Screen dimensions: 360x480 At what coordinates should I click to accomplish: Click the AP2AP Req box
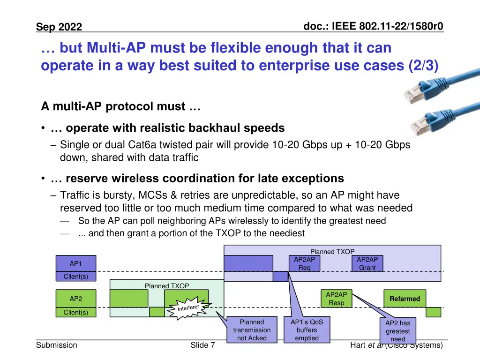(x=304, y=263)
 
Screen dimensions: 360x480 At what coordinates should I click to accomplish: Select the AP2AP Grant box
(x=367, y=263)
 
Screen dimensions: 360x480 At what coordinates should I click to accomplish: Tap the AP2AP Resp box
(x=336, y=299)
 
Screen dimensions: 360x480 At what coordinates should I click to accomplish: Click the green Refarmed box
(x=405, y=299)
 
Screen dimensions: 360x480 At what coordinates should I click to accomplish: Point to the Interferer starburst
(x=190, y=307)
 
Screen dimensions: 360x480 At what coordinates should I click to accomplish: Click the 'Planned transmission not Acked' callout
(x=252, y=330)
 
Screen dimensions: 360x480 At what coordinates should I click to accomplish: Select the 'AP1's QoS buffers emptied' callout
(x=307, y=330)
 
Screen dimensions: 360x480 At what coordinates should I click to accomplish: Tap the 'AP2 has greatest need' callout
(x=397, y=330)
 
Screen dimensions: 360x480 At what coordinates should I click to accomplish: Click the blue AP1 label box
(x=75, y=263)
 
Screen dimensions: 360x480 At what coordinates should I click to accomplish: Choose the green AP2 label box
(x=75, y=299)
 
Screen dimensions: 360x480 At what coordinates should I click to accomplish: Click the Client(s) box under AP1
(x=75, y=277)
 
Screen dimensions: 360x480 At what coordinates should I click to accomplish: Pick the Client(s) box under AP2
(x=75, y=313)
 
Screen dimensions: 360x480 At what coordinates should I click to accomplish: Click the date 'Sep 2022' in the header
(x=59, y=27)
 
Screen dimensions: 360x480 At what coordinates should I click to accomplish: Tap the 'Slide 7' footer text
(x=202, y=345)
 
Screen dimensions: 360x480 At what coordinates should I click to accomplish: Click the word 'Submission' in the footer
(x=57, y=345)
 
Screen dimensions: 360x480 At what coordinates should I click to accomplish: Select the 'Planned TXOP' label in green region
(x=167, y=286)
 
